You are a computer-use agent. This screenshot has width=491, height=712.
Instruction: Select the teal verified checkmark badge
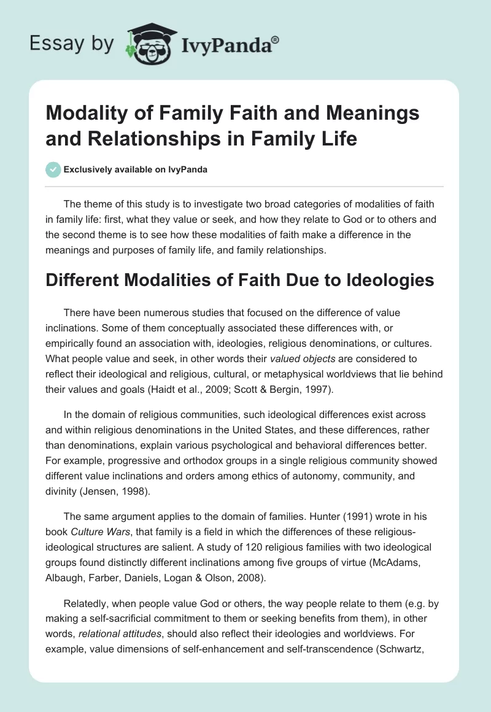click(53, 169)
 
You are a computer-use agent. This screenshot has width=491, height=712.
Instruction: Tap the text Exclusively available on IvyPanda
click(135, 169)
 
